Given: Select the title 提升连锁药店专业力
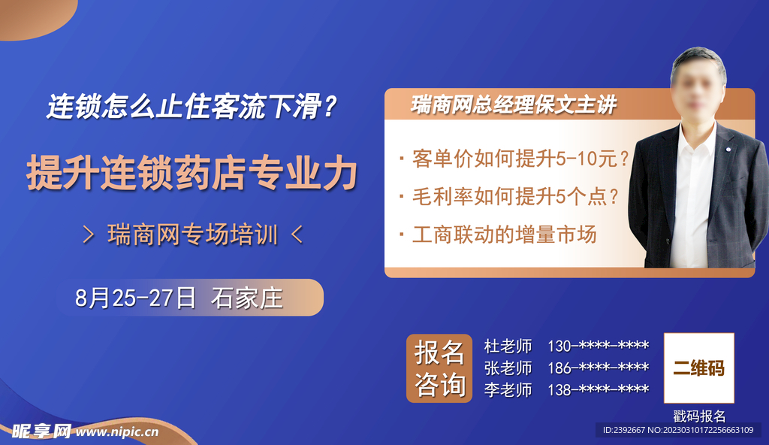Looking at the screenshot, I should [191, 173].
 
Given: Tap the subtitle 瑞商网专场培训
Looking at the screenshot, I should [192, 235].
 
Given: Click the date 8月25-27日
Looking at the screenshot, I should [135, 298].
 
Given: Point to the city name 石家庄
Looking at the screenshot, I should [247, 298].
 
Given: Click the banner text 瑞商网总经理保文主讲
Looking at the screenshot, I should [514, 105].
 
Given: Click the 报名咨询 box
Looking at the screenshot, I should [439, 368].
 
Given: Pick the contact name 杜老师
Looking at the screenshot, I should [508, 347].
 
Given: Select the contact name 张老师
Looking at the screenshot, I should [508, 368].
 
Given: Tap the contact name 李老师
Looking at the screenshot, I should [508, 390].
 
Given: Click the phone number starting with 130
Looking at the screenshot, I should [598, 347].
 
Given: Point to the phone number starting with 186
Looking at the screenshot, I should [598, 368].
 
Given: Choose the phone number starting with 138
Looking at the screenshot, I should [598, 390].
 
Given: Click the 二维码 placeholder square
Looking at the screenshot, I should [698, 368].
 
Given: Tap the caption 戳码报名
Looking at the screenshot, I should [699, 416].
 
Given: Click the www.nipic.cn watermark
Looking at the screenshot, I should [117, 431].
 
